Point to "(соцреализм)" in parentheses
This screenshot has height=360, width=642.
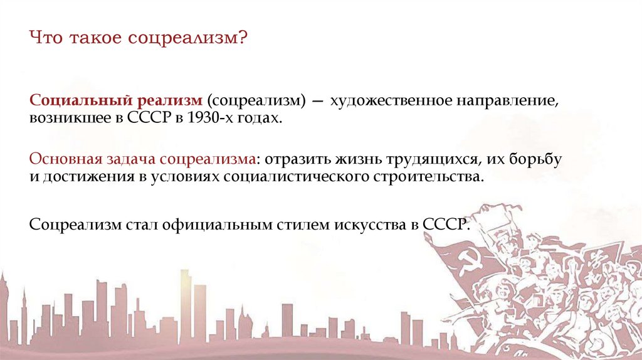(x=258, y=100)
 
